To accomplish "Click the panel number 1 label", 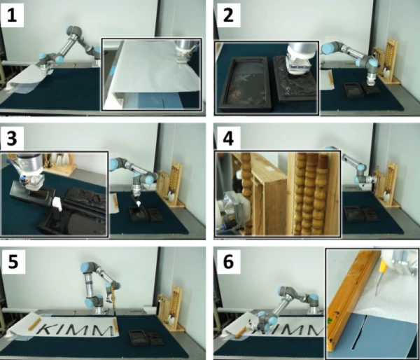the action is tap(12, 15).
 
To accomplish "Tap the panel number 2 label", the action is tap(228, 15).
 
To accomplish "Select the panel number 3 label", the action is tap(12, 139).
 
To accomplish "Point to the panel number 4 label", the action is tap(228, 139).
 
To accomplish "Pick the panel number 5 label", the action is tap(13, 262).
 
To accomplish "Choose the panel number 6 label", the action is tap(228, 262).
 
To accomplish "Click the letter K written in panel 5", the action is tap(49, 329).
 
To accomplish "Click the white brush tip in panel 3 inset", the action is tap(57, 204).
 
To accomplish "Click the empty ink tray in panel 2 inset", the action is tap(244, 85).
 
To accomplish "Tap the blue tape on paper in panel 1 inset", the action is tap(113, 70).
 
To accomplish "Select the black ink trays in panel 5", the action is tap(146, 338).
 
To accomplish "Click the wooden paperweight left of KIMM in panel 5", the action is tap(34, 324).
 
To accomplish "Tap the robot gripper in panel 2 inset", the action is tap(299, 60).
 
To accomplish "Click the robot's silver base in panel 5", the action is tap(99, 310).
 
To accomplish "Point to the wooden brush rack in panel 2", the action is tap(386, 61).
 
